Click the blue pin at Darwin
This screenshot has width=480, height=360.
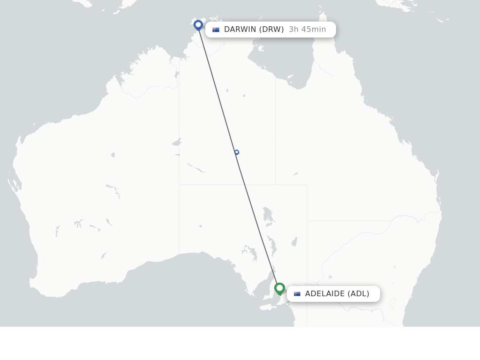tap(198, 24)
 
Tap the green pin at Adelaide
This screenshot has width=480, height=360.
tap(279, 288)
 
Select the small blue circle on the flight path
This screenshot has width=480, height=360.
tap(237, 152)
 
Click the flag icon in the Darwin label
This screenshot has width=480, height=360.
tap(216, 30)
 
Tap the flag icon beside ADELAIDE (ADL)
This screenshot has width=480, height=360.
tap(297, 294)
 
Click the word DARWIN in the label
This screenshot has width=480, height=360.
tap(240, 30)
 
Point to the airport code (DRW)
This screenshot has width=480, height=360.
tap(271, 30)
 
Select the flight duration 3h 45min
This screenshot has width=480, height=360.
tap(307, 30)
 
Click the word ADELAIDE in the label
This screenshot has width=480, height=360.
tap(325, 294)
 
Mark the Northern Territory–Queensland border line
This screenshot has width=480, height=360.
tap(275, 131)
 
